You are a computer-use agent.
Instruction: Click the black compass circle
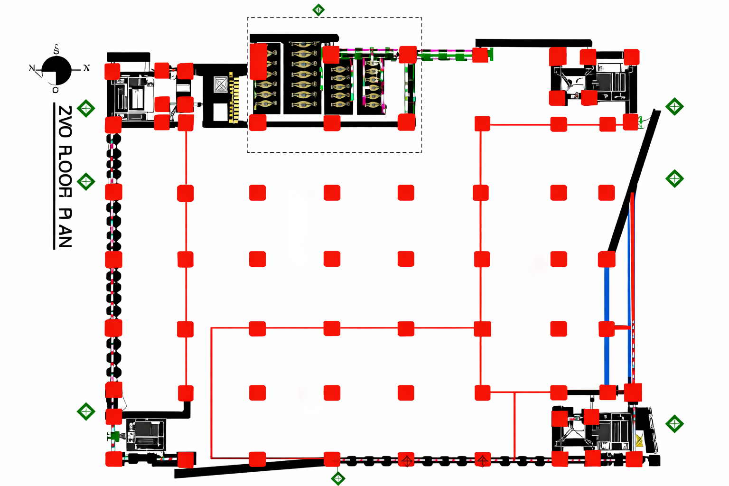56,71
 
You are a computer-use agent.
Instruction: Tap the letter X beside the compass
86,68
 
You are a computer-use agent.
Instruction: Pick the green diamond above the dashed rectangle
318,9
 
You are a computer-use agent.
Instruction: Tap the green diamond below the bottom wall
338,478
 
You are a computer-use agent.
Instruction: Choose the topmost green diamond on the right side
674,107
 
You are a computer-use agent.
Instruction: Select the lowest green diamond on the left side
86,411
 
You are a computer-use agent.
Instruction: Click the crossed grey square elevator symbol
221,84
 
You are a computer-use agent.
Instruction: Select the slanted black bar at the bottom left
247,467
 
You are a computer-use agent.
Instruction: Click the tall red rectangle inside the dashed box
258,61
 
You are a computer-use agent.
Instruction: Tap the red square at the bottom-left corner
114,459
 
